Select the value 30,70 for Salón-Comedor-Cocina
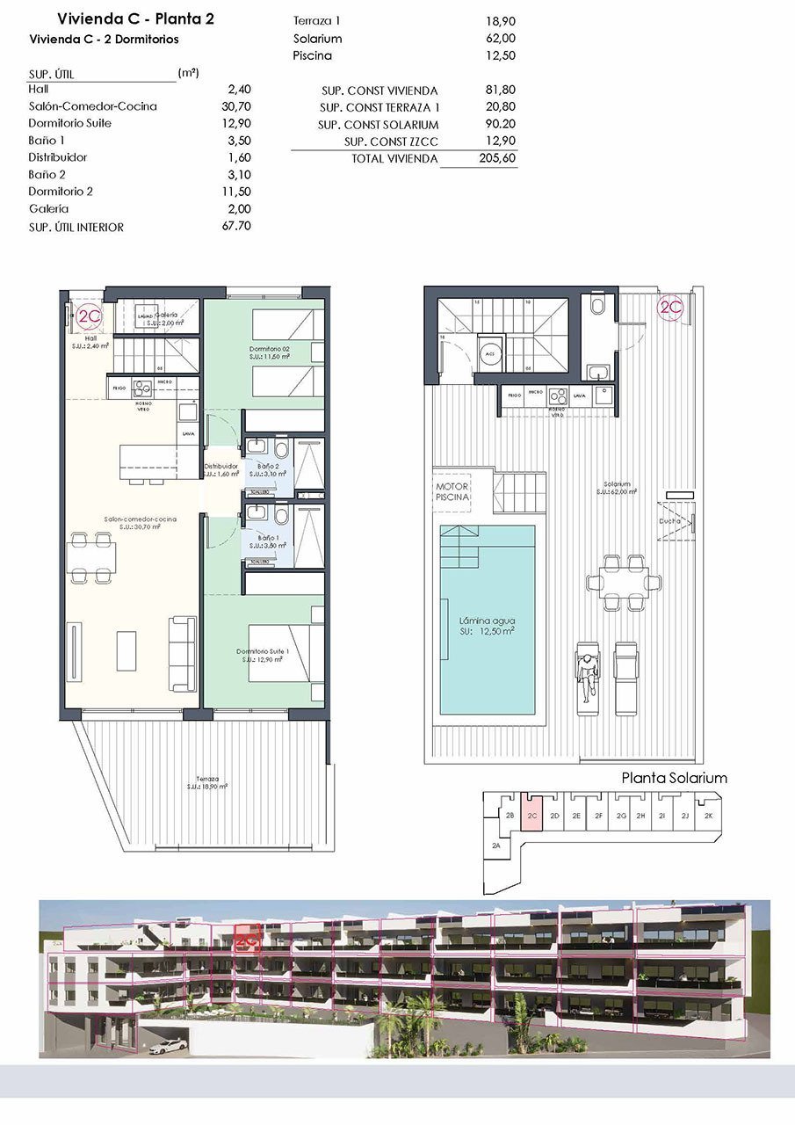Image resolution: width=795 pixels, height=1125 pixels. (238, 106)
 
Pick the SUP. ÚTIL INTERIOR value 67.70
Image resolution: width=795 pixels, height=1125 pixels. (237, 227)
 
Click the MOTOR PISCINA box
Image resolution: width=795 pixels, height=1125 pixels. (452, 491)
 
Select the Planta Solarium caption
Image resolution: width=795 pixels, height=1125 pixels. (674, 778)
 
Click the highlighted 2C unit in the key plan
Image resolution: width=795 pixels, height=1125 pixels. (531, 815)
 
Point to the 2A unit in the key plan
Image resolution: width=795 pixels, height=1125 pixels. (496, 846)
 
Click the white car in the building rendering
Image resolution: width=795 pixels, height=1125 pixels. (169, 1046)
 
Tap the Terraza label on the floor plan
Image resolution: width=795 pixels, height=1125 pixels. (207, 780)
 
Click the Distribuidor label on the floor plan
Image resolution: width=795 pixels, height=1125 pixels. (221, 467)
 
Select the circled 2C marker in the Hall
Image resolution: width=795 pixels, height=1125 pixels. (89, 317)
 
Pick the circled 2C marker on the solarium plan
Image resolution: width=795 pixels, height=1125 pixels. (671, 308)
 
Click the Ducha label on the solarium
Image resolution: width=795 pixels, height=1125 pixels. (669, 521)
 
